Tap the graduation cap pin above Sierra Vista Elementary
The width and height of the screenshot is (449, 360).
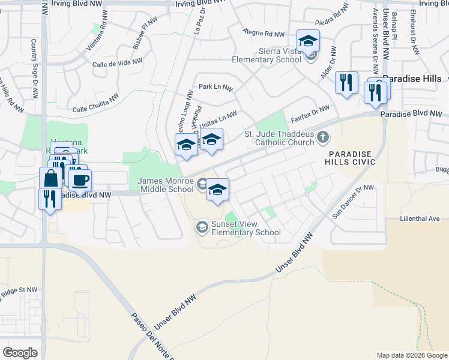(x=308, y=41)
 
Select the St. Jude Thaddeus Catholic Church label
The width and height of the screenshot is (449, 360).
(x=279, y=138)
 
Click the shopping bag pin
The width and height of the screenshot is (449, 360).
(x=50, y=178)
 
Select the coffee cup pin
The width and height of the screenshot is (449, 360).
(x=80, y=179)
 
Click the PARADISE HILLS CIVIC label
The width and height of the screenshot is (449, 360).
(x=351, y=158)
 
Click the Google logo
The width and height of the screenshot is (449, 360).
(x=20, y=353)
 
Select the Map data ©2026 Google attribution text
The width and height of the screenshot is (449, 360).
(x=412, y=355)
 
